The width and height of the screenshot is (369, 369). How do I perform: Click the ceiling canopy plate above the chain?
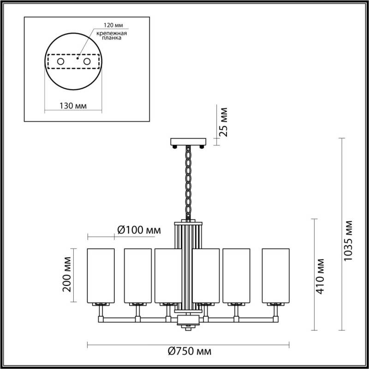coord(188,141)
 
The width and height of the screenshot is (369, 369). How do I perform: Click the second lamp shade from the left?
coord(137,275)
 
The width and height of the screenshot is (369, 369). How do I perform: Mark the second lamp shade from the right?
coord(236,275)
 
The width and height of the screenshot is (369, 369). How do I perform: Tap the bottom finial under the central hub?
coord(188,328)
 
